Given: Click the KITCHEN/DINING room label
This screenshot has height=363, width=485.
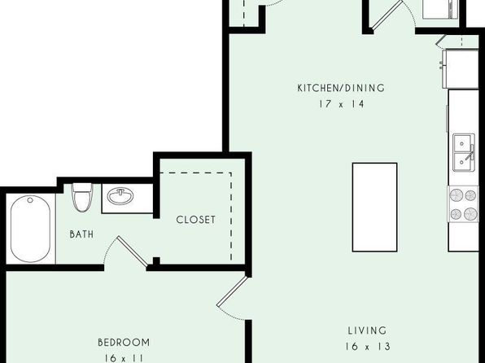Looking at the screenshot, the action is pyautogui.click(x=341, y=88).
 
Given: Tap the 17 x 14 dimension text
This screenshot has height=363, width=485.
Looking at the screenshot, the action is pyautogui.click(x=342, y=104).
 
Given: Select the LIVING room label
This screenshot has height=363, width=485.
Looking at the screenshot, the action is pyautogui.click(x=367, y=330).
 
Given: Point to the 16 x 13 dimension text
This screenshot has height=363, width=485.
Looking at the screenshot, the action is pyautogui.click(x=368, y=346).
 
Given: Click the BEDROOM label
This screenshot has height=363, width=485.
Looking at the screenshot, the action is pyautogui.click(x=124, y=343).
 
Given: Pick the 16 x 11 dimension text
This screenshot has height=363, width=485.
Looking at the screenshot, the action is pyautogui.click(x=124, y=358).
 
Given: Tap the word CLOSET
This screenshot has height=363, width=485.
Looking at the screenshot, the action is pyautogui.click(x=195, y=220).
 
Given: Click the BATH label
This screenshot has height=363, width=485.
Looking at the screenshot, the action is pyautogui.click(x=81, y=234).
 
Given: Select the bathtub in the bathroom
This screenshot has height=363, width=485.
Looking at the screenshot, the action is pyautogui.click(x=30, y=229).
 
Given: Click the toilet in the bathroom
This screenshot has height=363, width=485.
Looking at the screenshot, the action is pyautogui.click(x=82, y=198).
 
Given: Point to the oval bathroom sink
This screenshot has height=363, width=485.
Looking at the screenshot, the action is pyautogui.click(x=120, y=196).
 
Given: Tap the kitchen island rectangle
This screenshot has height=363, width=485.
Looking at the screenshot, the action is pyautogui.click(x=374, y=208).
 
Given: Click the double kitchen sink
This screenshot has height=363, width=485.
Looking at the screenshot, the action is pyautogui.click(x=464, y=152).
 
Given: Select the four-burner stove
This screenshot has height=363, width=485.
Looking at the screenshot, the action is pyautogui.click(x=463, y=204).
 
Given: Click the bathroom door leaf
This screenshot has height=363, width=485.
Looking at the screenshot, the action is pyautogui.click(x=132, y=251).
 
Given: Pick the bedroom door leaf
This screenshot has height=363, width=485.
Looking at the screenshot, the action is pyautogui.click(x=232, y=291).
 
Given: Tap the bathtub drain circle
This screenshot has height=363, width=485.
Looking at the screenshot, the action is pyautogui.click(x=30, y=200).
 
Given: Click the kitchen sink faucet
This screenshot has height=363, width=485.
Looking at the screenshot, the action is pyautogui.click(x=470, y=153).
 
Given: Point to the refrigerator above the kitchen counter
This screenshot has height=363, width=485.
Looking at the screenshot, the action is pyautogui.click(x=461, y=68).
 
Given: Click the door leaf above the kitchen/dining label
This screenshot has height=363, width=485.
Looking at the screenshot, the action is pyautogui.click(x=387, y=15).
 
